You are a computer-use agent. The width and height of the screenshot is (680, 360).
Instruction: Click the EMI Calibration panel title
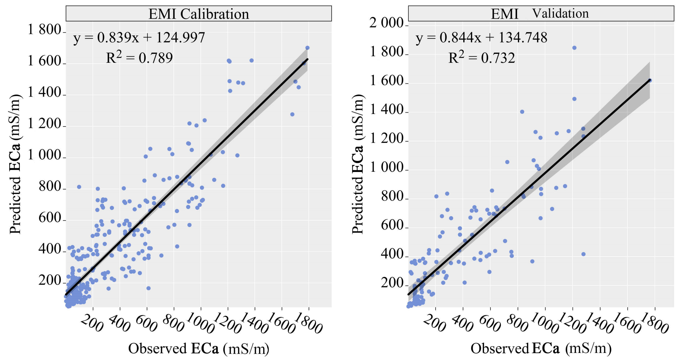point(198,14)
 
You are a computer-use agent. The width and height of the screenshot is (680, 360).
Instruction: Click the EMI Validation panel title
point(540,14)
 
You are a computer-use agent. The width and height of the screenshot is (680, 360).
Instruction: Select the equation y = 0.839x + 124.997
point(139,37)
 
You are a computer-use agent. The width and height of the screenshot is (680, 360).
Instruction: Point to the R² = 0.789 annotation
point(139,57)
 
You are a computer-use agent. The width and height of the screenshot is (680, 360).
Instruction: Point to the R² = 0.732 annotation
point(482,57)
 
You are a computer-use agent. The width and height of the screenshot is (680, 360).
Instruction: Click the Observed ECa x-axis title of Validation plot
point(541,348)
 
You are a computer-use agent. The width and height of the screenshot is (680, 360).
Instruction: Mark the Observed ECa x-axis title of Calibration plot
point(198,348)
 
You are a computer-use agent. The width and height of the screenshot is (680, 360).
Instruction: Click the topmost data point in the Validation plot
point(574,48)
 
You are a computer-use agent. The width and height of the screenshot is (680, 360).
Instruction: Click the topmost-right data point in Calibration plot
point(307,48)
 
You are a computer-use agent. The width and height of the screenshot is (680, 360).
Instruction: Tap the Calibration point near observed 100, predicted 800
point(79,187)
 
